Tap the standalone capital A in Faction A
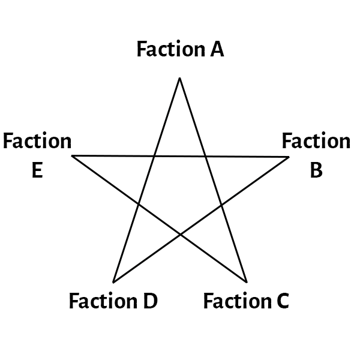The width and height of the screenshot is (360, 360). [217, 49]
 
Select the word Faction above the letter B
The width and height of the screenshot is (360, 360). [316, 142]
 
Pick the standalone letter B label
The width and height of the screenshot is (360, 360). [316, 171]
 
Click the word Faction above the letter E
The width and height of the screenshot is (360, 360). [37, 142]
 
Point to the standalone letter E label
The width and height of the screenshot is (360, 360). [37, 171]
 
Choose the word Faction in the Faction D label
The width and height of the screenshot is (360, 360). [104, 301]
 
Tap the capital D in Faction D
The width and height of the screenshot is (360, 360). [150, 301]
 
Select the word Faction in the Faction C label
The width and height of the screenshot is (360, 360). [238, 301]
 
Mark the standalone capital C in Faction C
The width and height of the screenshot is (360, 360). [282, 301]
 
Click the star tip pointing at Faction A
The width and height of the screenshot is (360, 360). [179, 78]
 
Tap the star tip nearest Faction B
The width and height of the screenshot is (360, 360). [289, 157]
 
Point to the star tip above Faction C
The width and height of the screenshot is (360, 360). [247, 282]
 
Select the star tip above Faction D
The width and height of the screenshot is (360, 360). [113, 282]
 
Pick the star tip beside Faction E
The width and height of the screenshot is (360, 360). [72, 156]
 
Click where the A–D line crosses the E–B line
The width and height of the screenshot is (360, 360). [154, 157]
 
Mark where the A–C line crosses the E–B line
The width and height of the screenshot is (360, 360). [205, 157]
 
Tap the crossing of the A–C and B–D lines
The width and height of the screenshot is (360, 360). [221, 206]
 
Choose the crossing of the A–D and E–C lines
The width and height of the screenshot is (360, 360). [139, 204]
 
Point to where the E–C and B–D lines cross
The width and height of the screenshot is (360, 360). [180, 235]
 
